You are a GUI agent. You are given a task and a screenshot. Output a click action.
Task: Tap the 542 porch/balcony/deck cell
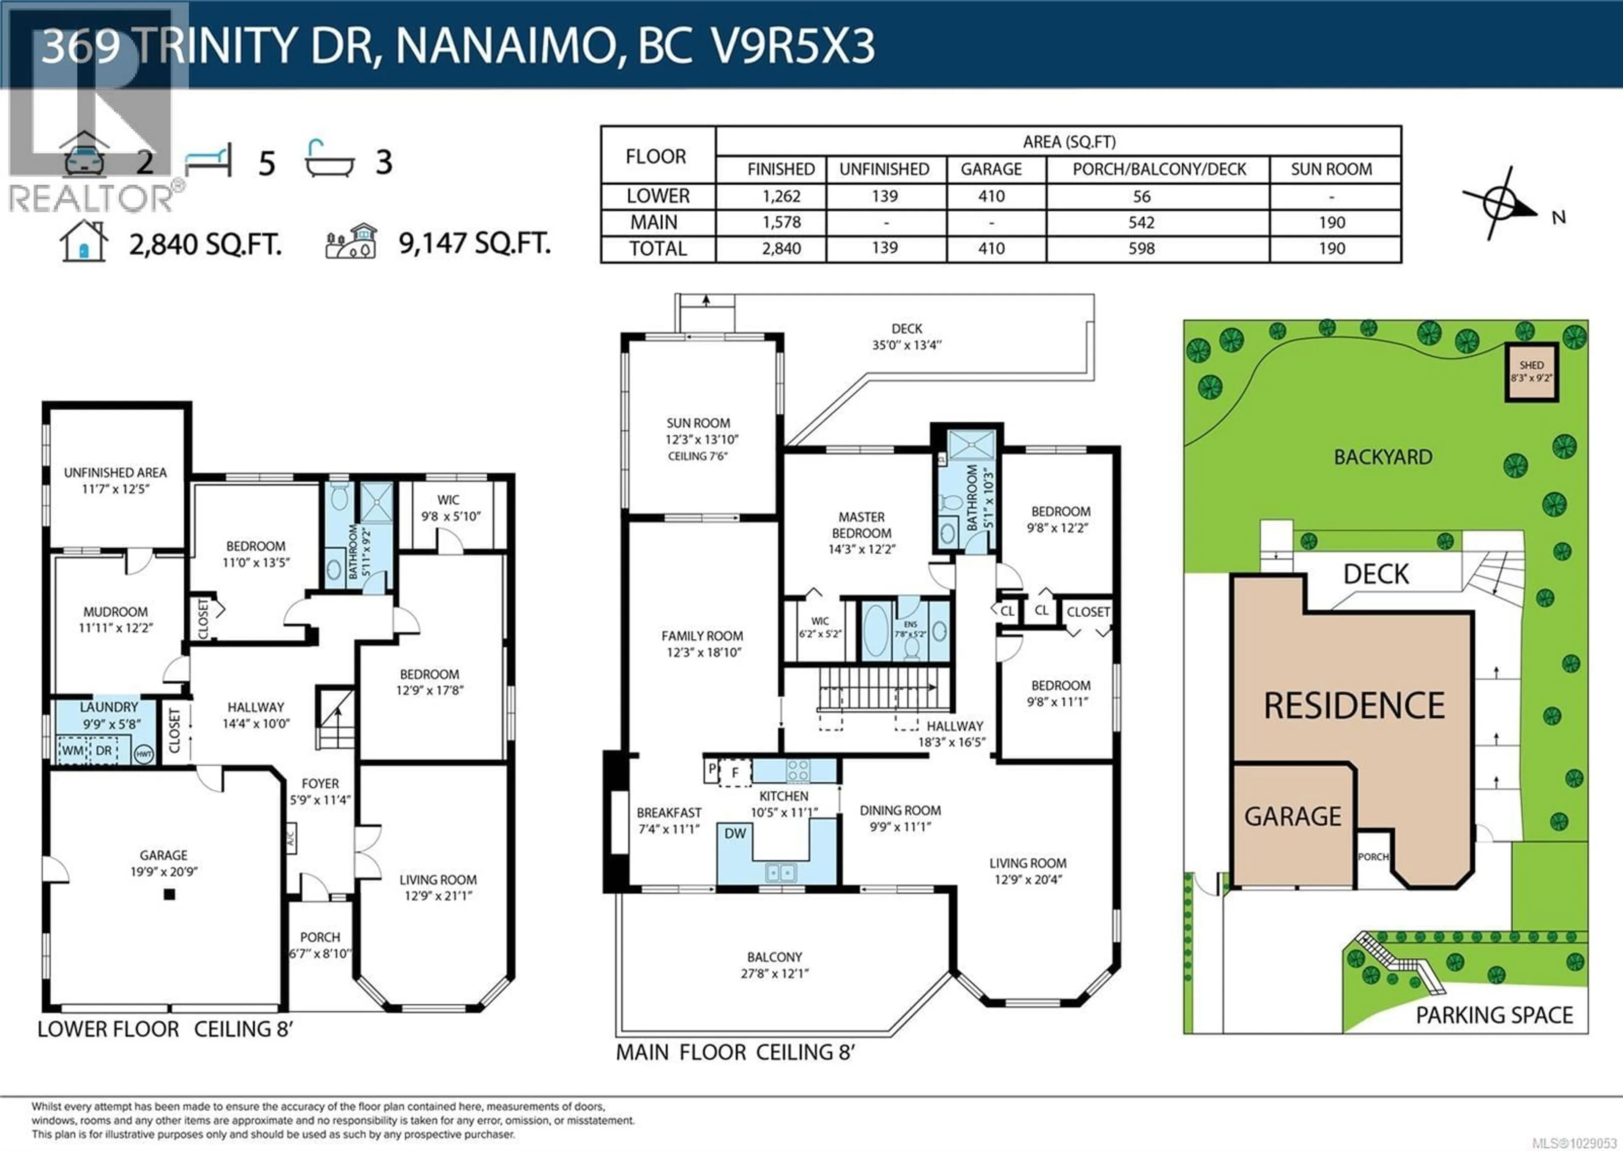pos(1141,223)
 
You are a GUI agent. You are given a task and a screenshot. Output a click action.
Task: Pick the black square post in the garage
pos(169,895)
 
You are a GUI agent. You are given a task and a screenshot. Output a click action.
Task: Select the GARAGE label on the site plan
pos(1293,816)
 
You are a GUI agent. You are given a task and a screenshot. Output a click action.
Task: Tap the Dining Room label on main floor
pos(900,818)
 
